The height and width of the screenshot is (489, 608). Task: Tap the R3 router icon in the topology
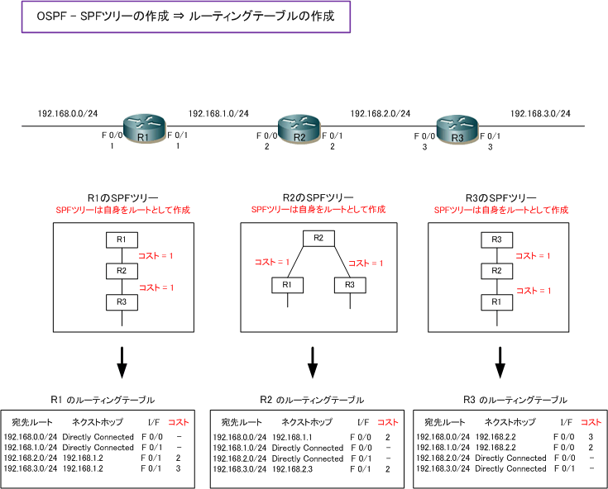pos(457,129)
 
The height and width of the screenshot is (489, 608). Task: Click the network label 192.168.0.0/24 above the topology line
pos(67,113)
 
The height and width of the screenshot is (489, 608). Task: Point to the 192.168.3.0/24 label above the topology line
pos(540,113)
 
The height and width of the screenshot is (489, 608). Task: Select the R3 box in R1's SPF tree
pos(122,301)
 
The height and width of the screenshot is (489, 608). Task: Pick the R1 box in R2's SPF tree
pos(286,284)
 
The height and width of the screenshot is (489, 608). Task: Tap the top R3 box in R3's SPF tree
pos(497,240)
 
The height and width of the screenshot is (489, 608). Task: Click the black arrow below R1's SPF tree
pos(122,360)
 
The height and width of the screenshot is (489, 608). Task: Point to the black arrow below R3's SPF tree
pos(500,360)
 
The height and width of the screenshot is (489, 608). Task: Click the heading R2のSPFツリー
pos(318,198)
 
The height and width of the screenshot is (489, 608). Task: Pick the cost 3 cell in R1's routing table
pos(179,468)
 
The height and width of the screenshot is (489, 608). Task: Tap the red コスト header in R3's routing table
pos(591,422)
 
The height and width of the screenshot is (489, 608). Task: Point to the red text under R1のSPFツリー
pos(122,211)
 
